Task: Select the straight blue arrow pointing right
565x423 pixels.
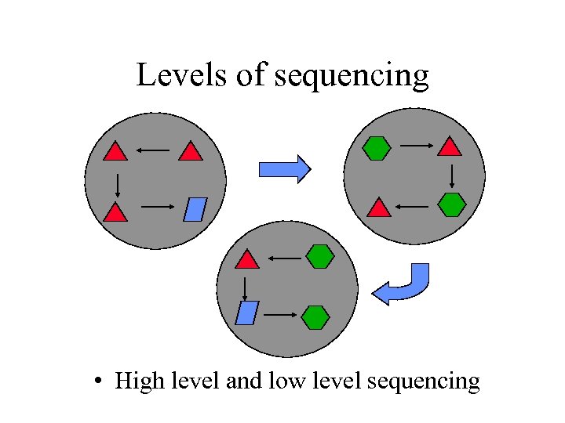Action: coord(285,169)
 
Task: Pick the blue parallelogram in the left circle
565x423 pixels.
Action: coord(195,210)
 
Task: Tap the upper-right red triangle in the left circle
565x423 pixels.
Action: coord(191,152)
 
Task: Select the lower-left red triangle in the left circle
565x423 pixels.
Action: coord(115,211)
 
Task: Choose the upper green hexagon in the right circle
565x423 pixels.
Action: coord(377,147)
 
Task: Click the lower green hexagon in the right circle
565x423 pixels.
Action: coord(452,204)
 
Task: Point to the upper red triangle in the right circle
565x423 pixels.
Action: coord(449,146)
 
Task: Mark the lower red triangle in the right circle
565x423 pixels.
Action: coord(379,208)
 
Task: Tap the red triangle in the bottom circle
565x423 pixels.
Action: coord(247,260)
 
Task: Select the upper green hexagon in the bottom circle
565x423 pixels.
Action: coord(320,256)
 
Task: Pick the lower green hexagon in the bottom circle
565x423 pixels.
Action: coord(315,317)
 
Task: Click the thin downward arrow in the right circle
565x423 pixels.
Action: coord(451,175)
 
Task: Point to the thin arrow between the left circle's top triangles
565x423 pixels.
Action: coord(153,150)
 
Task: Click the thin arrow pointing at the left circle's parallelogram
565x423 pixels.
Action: coord(157,208)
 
